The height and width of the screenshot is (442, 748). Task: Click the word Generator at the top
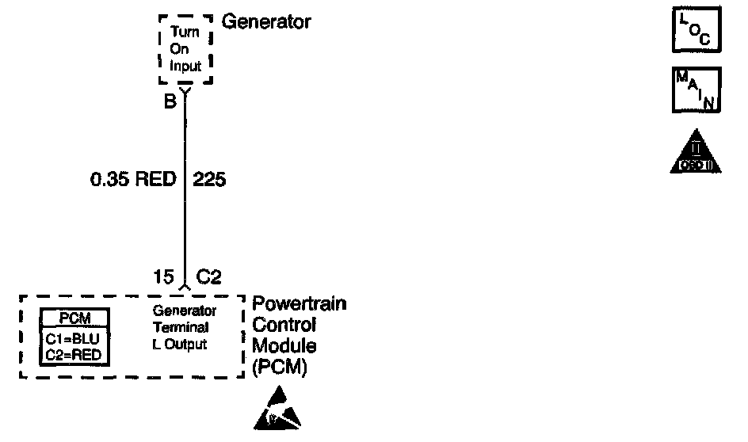(266, 21)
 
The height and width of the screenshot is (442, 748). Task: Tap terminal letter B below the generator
(170, 101)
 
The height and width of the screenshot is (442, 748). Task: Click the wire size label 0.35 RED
(132, 180)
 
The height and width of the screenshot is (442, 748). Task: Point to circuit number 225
(209, 180)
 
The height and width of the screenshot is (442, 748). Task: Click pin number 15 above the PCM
(163, 276)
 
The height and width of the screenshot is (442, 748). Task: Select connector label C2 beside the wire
(208, 276)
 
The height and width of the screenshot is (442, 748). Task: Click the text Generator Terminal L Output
(181, 327)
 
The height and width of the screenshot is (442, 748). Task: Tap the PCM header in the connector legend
(75, 318)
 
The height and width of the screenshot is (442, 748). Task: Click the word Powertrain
(299, 304)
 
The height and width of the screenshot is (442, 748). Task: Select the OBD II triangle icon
(695, 154)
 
